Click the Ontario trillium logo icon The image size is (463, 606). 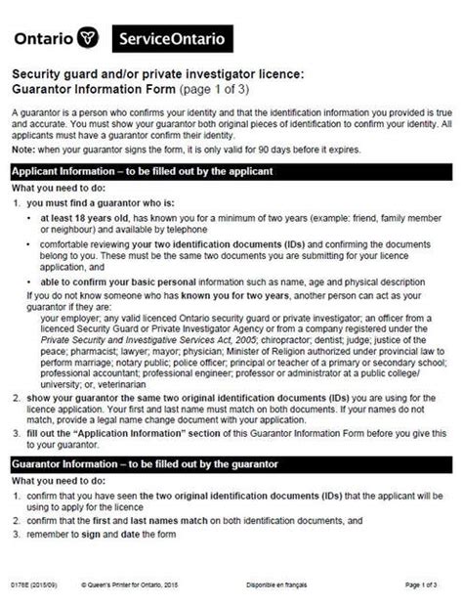tap(91, 39)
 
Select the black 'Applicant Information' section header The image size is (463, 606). tap(231, 171)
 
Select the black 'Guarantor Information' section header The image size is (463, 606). tap(231, 461)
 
